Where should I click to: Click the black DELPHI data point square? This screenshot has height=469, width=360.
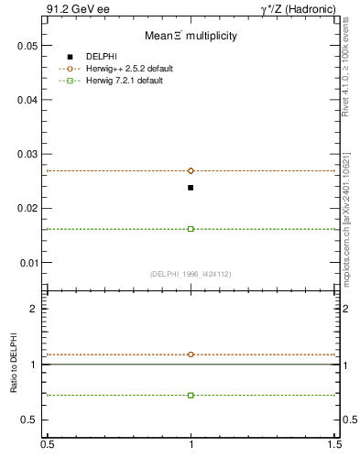(x=191, y=188)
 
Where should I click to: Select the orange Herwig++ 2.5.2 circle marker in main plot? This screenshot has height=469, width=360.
(x=191, y=170)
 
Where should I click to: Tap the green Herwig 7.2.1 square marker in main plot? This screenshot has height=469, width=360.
(x=191, y=229)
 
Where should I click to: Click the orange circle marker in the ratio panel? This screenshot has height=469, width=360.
(x=191, y=354)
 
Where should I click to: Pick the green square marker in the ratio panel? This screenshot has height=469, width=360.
(x=191, y=395)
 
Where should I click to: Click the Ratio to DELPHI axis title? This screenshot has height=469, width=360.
(x=15, y=365)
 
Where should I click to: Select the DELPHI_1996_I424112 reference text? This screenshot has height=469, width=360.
(x=191, y=274)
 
